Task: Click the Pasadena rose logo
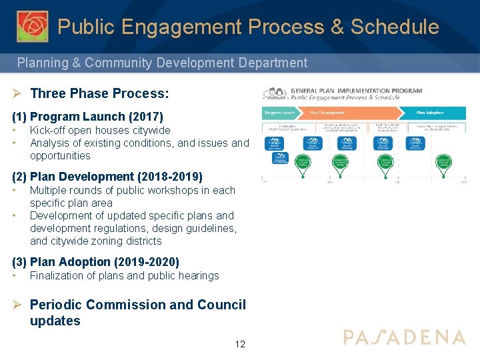coord(32,26)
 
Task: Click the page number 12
coord(240,344)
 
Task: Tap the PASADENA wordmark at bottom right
coord(404,337)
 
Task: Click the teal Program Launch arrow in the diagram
coord(281,113)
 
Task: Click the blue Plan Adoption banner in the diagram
coord(429,113)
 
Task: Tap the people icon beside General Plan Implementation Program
coord(275,94)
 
